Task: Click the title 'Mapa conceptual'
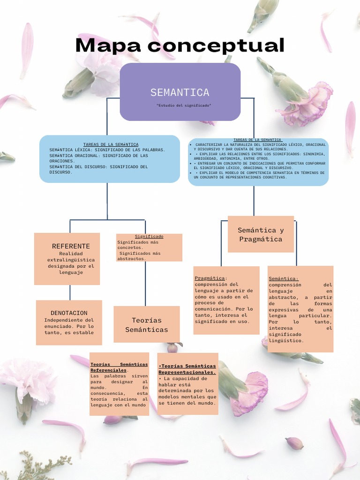click(x=180, y=45)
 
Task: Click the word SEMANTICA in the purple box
click(x=180, y=92)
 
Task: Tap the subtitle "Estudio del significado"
click(x=184, y=105)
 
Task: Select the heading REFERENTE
click(x=71, y=246)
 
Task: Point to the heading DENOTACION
click(x=69, y=313)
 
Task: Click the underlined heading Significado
click(x=149, y=237)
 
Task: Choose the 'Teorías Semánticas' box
click(x=146, y=325)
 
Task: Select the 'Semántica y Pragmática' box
click(x=260, y=234)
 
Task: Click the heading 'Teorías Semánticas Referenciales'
click(x=119, y=367)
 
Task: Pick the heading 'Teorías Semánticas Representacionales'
click(x=187, y=369)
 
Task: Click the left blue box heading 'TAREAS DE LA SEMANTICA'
click(x=111, y=144)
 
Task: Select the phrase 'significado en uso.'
click(x=222, y=322)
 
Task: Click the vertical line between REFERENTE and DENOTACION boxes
click(x=70, y=292)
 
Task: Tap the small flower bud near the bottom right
click(x=294, y=443)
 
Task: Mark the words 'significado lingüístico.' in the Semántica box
click(x=286, y=337)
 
